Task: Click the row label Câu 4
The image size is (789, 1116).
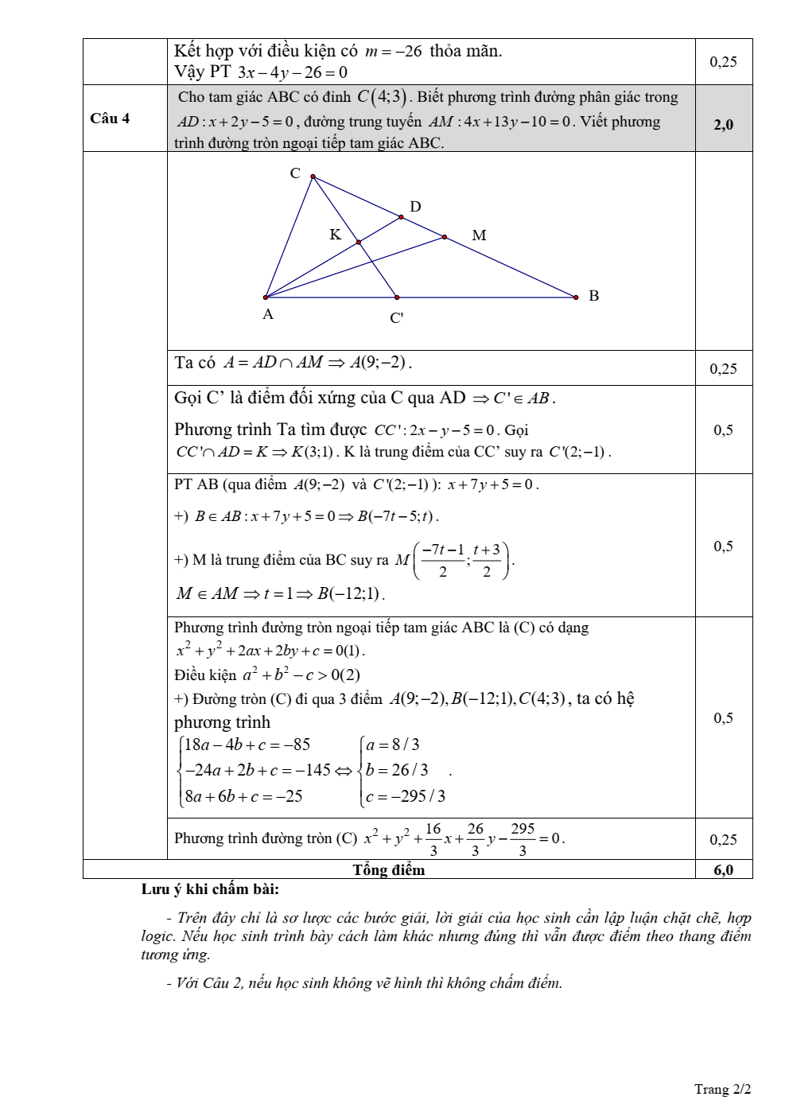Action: pos(110,119)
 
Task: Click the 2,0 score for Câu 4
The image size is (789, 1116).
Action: pos(723,124)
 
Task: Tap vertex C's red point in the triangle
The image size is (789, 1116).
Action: pos(313,177)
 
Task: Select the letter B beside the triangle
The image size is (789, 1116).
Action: pos(593,296)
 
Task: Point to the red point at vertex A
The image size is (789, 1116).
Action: pos(266,297)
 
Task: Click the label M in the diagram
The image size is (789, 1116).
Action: pos(479,235)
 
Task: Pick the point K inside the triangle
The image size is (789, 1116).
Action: pos(358,242)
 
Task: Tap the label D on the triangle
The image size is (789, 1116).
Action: pos(415,207)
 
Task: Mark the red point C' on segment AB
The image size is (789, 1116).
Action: pos(397,297)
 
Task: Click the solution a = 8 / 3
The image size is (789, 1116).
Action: pos(393,745)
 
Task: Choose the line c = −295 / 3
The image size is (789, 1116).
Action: pos(406,796)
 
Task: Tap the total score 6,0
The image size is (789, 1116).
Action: pos(723,869)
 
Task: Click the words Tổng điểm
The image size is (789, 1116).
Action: pos(389,869)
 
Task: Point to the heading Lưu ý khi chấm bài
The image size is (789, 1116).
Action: pos(210,889)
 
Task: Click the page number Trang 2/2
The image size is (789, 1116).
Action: pos(722,1089)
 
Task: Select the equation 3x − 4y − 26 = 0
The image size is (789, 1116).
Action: pos(292,72)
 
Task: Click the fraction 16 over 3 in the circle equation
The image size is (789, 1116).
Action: pos(433,839)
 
